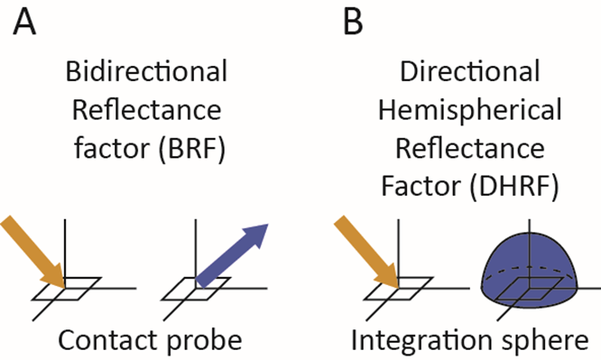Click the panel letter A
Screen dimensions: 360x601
click(x=24, y=23)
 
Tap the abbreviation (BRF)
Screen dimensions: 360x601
click(x=200, y=144)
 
